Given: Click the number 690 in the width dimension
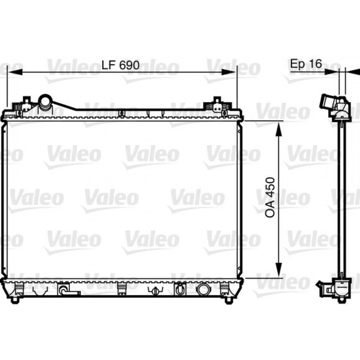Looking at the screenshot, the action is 129,65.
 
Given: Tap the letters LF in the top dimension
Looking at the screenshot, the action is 109,65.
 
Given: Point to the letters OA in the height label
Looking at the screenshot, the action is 270,210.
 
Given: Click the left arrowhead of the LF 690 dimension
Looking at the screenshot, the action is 15,72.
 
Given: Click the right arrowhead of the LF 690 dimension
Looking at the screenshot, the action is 229,72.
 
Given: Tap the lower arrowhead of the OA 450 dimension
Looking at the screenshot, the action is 279,270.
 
